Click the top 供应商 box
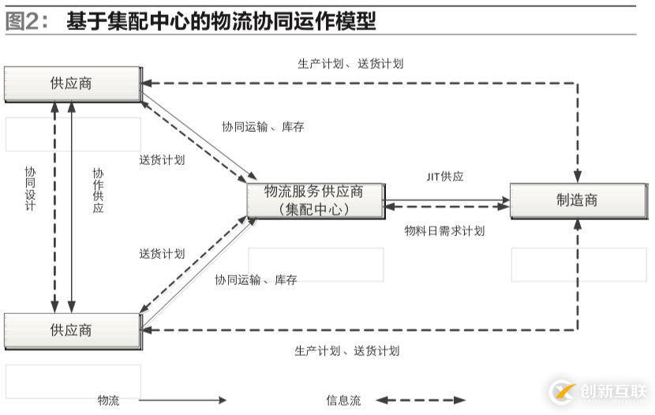(x=71, y=84)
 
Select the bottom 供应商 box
(x=71, y=330)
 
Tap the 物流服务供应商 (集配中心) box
(x=314, y=200)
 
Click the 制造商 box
(x=577, y=200)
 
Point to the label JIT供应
(x=445, y=177)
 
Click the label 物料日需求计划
(x=444, y=231)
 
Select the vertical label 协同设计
(x=30, y=189)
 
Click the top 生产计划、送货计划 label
(x=350, y=64)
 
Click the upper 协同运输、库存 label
(x=263, y=126)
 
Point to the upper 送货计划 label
(x=162, y=159)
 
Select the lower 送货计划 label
(x=162, y=253)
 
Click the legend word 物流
(x=108, y=401)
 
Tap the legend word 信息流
(x=343, y=401)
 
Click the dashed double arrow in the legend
(x=421, y=401)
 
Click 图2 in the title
(x=23, y=21)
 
